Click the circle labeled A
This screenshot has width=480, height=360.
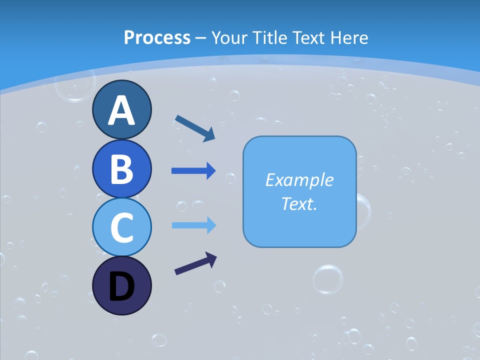(x=121, y=109)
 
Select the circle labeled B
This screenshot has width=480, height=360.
(x=121, y=168)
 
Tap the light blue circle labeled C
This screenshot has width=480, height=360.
(x=121, y=227)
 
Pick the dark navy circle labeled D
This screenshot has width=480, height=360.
(x=121, y=285)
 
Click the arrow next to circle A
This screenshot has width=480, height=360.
(x=195, y=128)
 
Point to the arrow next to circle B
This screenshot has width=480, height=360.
(x=193, y=171)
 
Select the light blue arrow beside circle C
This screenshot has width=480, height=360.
(x=193, y=225)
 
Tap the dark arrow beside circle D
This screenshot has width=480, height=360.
(x=195, y=263)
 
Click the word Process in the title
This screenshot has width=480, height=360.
(x=157, y=37)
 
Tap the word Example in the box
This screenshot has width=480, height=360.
(x=299, y=180)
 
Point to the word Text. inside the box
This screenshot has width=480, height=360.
(x=299, y=203)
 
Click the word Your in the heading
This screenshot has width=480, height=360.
(x=229, y=37)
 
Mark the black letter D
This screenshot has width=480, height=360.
(x=121, y=286)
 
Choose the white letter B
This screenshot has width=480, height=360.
(x=121, y=169)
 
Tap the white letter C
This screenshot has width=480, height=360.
(x=121, y=227)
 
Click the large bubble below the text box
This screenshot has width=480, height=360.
(x=328, y=279)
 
